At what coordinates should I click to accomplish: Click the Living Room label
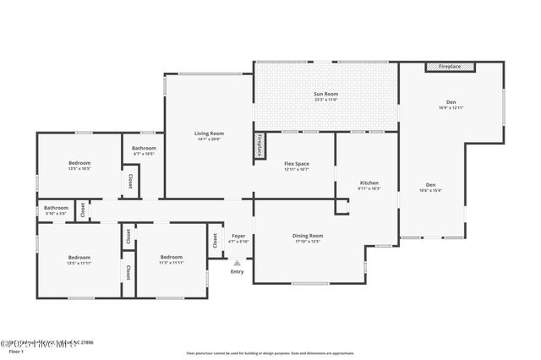tap(209, 133)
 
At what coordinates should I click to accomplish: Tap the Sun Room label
tap(325, 94)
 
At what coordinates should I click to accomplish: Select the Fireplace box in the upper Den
tap(450, 66)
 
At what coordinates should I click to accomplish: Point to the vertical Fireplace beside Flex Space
tap(260, 145)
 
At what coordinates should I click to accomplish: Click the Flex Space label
tap(296, 163)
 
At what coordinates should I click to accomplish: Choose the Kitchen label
tap(369, 183)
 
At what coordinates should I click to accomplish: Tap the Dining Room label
tap(308, 236)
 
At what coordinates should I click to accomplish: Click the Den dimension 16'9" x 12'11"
tap(451, 108)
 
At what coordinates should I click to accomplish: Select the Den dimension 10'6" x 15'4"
tap(430, 190)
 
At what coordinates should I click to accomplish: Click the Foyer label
tap(238, 236)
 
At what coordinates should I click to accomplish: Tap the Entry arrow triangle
tap(238, 263)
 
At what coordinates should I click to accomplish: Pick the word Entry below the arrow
tap(238, 271)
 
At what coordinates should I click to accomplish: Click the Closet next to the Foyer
tap(215, 240)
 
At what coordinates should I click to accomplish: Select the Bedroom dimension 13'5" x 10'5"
tap(79, 168)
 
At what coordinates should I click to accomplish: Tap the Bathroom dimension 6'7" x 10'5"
tap(144, 154)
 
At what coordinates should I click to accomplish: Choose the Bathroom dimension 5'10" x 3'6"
tap(56, 213)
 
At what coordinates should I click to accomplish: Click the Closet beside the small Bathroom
tap(82, 210)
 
